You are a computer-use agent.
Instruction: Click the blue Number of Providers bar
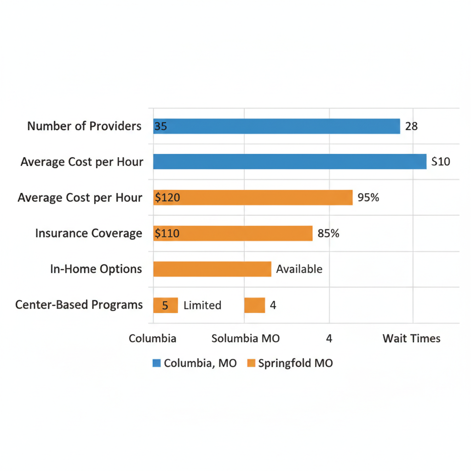[x=276, y=126]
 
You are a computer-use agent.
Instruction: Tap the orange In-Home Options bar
[x=212, y=269]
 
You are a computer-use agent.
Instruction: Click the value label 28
[x=411, y=126]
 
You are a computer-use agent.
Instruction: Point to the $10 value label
[x=441, y=161]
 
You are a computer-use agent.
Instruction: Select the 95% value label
[x=368, y=198]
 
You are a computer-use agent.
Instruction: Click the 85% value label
[x=328, y=233]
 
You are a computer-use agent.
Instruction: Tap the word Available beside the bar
[x=299, y=269]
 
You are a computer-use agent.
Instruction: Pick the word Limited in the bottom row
[x=202, y=305]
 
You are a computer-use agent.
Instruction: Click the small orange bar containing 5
[x=165, y=305]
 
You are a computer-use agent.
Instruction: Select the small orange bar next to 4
[x=254, y=305]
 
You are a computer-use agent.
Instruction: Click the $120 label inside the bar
[x=167, y=198]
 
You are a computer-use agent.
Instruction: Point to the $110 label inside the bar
[x=167, y=233]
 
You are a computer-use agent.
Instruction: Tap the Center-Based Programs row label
[x=79, y=304]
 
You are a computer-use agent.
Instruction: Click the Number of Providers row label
[x=84, y=126]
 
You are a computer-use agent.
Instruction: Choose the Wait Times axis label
[x=411, y=339]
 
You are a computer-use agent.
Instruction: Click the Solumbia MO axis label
[x=245, y=339]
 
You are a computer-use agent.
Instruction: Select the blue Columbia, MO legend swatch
[x=156, y=363]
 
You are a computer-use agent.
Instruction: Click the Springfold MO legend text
[x=295, y=363]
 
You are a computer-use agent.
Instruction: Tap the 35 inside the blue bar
[x=161, y=126]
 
